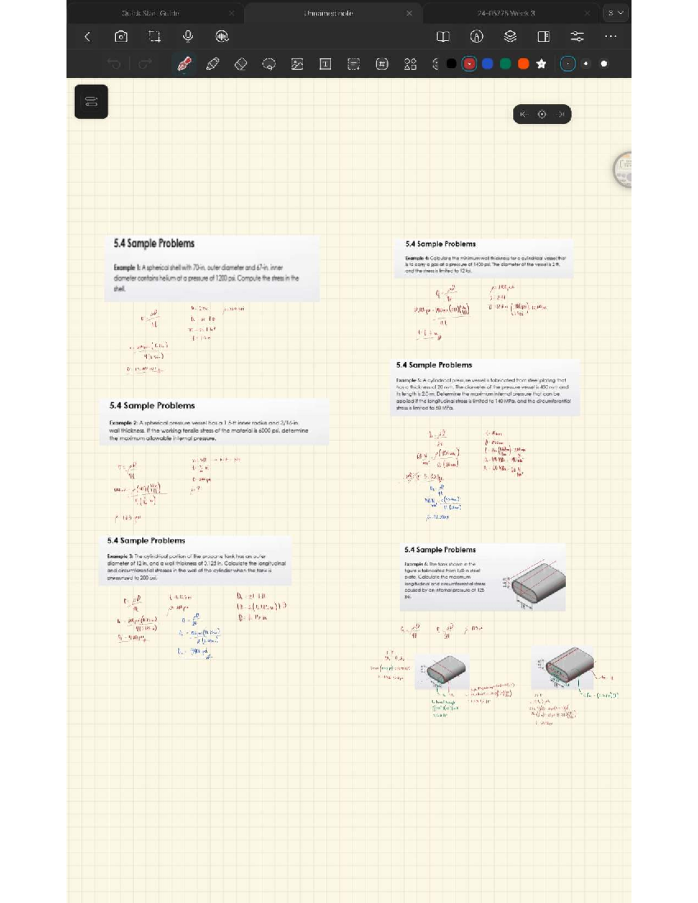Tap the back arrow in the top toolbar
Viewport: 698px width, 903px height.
point(87,37)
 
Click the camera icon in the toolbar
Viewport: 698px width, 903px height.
point(121,37)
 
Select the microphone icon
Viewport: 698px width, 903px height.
point(188,36)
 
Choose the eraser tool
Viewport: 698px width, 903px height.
point(241,64)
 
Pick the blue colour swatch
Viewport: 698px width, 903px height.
point(487,64)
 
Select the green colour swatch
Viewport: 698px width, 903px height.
point(505,64)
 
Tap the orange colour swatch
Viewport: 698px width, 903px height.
point(523,64)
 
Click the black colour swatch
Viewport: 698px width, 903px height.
point(451,64)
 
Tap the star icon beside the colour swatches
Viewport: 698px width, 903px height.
point(542,64)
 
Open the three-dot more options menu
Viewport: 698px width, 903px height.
point(610,37)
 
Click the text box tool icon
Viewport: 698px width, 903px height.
point(325,64)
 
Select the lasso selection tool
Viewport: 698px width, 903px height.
point(269,64)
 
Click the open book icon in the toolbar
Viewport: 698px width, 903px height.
point(443,37)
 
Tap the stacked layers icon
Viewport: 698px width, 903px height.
point(510,37)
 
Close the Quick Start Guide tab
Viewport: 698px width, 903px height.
point(232,13)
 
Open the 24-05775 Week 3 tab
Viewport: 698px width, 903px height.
point(505,13)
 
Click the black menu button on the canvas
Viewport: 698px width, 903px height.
point(91,102)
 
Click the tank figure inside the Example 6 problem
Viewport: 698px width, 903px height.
point(538,582)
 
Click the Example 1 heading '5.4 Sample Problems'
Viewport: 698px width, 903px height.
point(154,244)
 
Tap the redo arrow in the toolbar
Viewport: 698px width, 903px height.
point(145,64)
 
